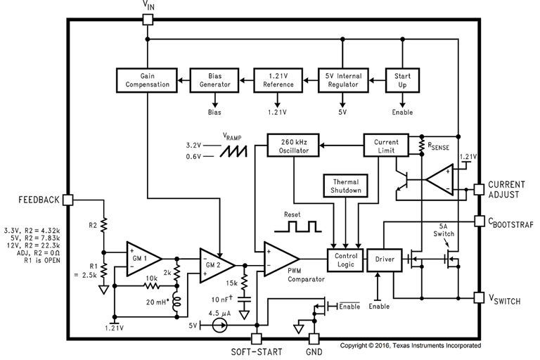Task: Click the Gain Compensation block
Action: [x=147, y=80]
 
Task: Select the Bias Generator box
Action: [x=214, y=80]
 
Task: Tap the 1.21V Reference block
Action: [x=278, y=80]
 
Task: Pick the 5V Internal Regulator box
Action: [x=343, y=80]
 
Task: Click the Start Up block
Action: [x=402, y=80]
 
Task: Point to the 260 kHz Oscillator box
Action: [x=293, y=146]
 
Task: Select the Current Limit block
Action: [x=386, y=146]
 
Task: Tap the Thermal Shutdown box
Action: [x=345, y=186]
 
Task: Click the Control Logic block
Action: [x=345, y=260]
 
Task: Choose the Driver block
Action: [x=385, y=260]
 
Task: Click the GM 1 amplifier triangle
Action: [x=144, y=259]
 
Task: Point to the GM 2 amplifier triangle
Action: [x=217, y=265]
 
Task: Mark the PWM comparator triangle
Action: [x=281, y=259]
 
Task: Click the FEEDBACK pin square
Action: [x=68, y=200]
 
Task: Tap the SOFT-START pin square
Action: [x=257, y=339]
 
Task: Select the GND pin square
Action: [x=314, y=339]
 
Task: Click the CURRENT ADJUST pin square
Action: [x=479, y=189]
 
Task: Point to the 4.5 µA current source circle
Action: [x=219, y=325]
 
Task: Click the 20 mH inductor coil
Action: [x=177, y=302]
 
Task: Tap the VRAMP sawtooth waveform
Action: [x=234, y=151]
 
